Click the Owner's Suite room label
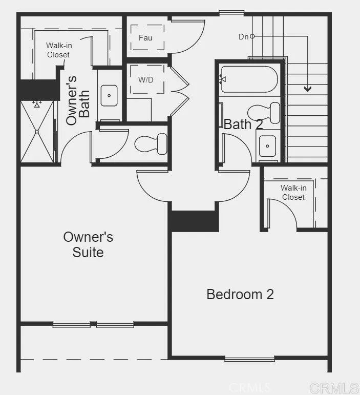(88, 244)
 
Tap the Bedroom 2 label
(240, 295)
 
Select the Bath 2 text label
(244, 124)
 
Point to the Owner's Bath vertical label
(78, 100)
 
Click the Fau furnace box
(145, 37)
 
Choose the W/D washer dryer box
(145, 80)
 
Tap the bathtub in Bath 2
(249, 79)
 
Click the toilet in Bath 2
(264, 113)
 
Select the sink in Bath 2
(267, 146)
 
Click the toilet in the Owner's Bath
(152, 143)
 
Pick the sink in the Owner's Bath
(109, 95)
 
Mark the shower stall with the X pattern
(37, 132)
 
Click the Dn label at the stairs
(244, 36)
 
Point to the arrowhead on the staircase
(307, 89)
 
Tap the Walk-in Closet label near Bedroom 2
(293, 193)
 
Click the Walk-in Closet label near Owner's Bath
(58, 50)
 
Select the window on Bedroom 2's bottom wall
(249, 359)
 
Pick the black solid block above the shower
(39, 90)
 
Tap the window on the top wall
(231, 12)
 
